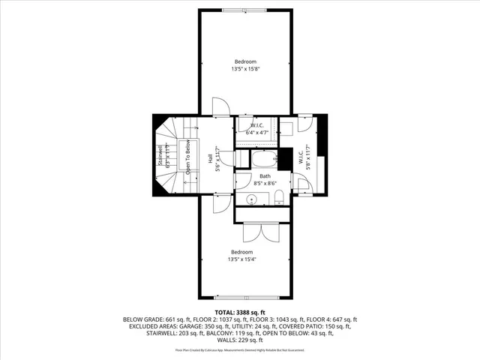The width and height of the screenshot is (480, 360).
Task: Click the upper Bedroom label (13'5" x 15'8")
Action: click(245, 65)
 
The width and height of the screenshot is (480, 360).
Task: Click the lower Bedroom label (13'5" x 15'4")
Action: click(241, 256)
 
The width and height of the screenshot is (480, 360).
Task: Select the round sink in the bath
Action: click(252, 199)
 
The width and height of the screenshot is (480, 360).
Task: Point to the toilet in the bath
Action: click(277, 198)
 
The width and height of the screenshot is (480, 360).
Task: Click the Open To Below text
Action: click(189, 159)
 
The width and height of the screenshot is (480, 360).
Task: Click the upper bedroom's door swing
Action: click(220, 106)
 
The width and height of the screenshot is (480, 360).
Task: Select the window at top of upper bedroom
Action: click(244, 9)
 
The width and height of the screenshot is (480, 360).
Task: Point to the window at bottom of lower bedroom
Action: click(244, 295)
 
